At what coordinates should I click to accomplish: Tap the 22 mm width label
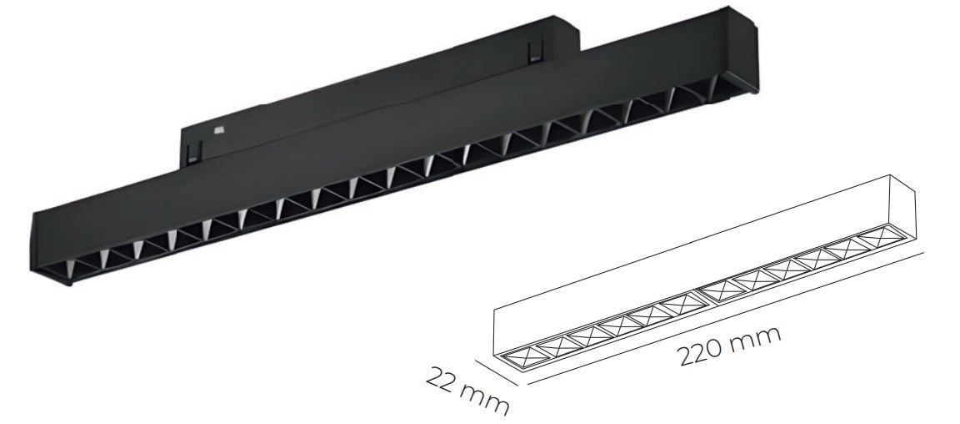pyautogui.click(x=467, y=391)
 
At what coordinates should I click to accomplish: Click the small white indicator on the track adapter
pyautogui.click(x=219, y=129)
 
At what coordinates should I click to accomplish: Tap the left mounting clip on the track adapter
pyautogui.click(x=194, y=152)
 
